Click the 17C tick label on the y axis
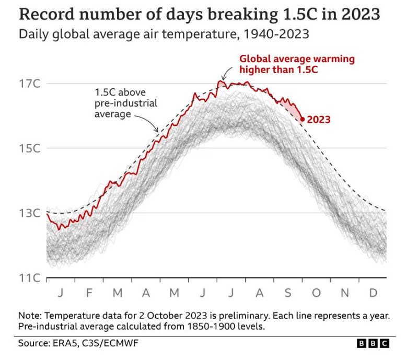(30, 84)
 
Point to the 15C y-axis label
(30, 148)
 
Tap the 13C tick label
(30, 213)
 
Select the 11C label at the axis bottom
(30, 278)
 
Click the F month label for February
(89, 293)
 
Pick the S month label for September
(287, 293)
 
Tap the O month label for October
(316, 293)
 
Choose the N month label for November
(344, 293)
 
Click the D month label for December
(373, 293)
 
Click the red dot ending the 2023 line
(303, 119)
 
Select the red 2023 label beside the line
(319, 120)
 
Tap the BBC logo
(373, 343)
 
